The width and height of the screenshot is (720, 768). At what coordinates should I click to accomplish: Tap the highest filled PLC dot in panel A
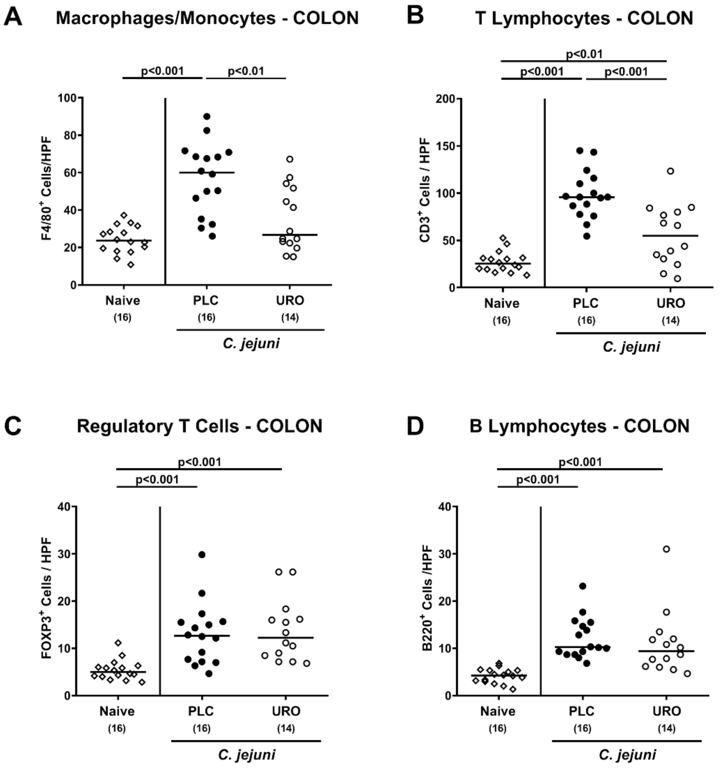click(207, 116)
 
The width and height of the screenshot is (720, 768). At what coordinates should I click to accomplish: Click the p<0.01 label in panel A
click(246, 71)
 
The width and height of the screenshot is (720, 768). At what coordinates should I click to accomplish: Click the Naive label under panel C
click(117, 711)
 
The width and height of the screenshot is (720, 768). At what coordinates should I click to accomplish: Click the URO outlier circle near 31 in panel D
click(666, 549)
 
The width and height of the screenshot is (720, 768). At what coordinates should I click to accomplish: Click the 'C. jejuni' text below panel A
click(251, 343)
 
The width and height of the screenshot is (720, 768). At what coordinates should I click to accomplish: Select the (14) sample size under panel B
click(671, 320)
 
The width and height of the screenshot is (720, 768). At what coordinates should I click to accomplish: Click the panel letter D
click(415, 425)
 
